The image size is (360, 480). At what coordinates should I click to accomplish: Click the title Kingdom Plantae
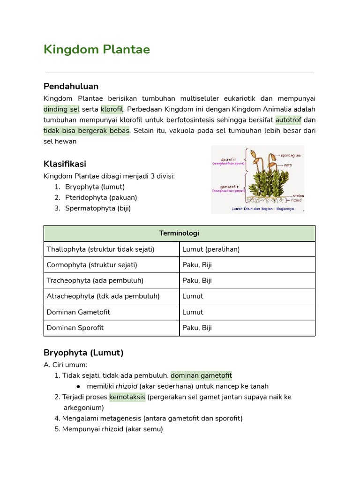pos(97,50)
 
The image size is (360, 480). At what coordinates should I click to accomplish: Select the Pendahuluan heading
pos(71,86)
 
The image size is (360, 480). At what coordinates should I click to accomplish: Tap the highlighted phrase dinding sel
pos(61,110)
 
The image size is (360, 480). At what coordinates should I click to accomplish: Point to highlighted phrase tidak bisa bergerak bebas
pos(87,130)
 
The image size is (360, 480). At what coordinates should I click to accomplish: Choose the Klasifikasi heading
pos(65,164)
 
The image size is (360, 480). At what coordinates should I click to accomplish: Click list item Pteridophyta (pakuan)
pos(101,197)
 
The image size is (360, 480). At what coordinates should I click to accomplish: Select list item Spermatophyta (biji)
pos(98,208)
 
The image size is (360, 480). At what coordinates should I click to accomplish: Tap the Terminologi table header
pos(179,233)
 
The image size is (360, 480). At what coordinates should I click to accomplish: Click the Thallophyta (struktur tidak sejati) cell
pos(100,249)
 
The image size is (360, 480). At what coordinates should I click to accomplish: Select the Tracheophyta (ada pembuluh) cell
pos(95,280)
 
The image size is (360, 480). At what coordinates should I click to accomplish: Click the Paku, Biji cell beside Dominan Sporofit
pos(197,328)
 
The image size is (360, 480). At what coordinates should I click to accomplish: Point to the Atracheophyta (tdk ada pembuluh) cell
pos(103,296)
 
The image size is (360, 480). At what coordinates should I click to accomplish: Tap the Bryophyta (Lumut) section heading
pos(83,352)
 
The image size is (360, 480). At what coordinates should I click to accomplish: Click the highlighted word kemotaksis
pos(127,397)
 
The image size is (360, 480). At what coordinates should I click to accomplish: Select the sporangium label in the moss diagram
pos(291,155)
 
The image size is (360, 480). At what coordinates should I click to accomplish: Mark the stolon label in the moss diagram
pos(298,195)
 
